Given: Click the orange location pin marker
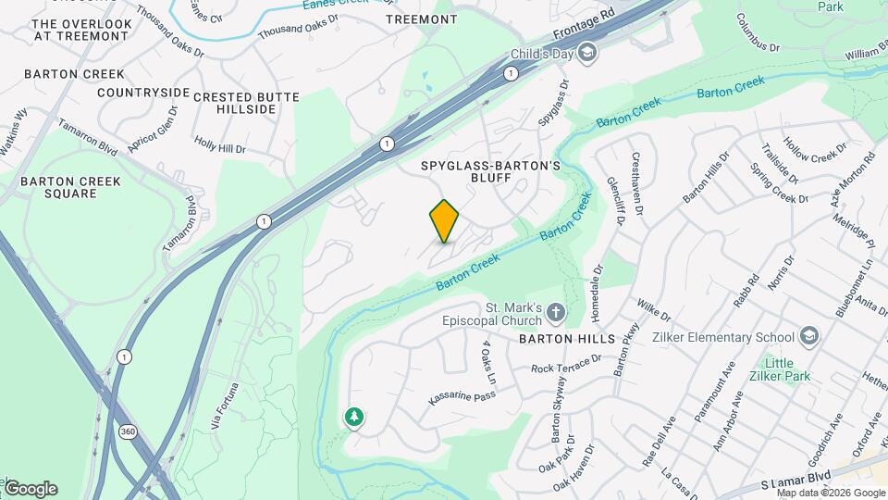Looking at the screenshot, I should [x=444, y=221].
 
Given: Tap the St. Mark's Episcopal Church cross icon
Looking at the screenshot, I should [x=555, y=313].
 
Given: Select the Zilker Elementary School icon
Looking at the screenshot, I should [x=810, y=336].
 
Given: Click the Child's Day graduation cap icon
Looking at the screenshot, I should [x=586, y=54].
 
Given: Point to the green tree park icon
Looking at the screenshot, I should [x=353, y=418].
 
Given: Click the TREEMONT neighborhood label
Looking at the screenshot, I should [x=421, y=19].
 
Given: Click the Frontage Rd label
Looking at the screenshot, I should [x=585, y=28].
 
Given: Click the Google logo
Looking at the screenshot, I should [x=31, y=489].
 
